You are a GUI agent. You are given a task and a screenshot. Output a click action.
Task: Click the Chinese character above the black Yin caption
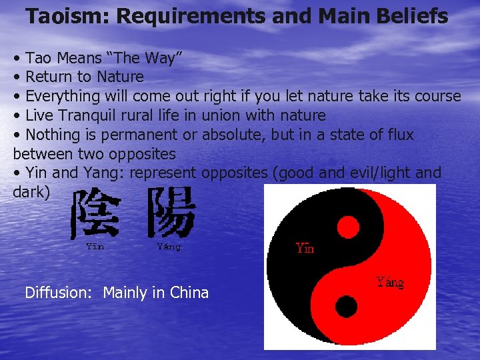tap(96, 213)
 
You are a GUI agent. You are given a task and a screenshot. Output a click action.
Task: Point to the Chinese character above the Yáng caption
tap(170, 213)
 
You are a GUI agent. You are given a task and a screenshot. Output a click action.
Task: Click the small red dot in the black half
tap(347, 227)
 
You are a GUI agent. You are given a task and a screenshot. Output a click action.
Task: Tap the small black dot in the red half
tap(346, 307)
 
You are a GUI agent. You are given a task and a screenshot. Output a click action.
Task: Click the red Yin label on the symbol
tap(305, 249)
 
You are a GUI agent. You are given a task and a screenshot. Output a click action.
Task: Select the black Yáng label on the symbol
tap(390, 282)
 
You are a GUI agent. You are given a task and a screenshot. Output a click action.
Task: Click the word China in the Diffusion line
tap(189, 293)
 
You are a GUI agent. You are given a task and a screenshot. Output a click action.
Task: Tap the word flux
tap(399, 135)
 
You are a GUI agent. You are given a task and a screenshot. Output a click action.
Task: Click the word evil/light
tap(376, 173)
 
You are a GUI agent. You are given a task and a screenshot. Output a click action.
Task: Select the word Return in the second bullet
tap(48, 77)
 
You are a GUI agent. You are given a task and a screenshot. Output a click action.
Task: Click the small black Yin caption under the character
tap(95, 246)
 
